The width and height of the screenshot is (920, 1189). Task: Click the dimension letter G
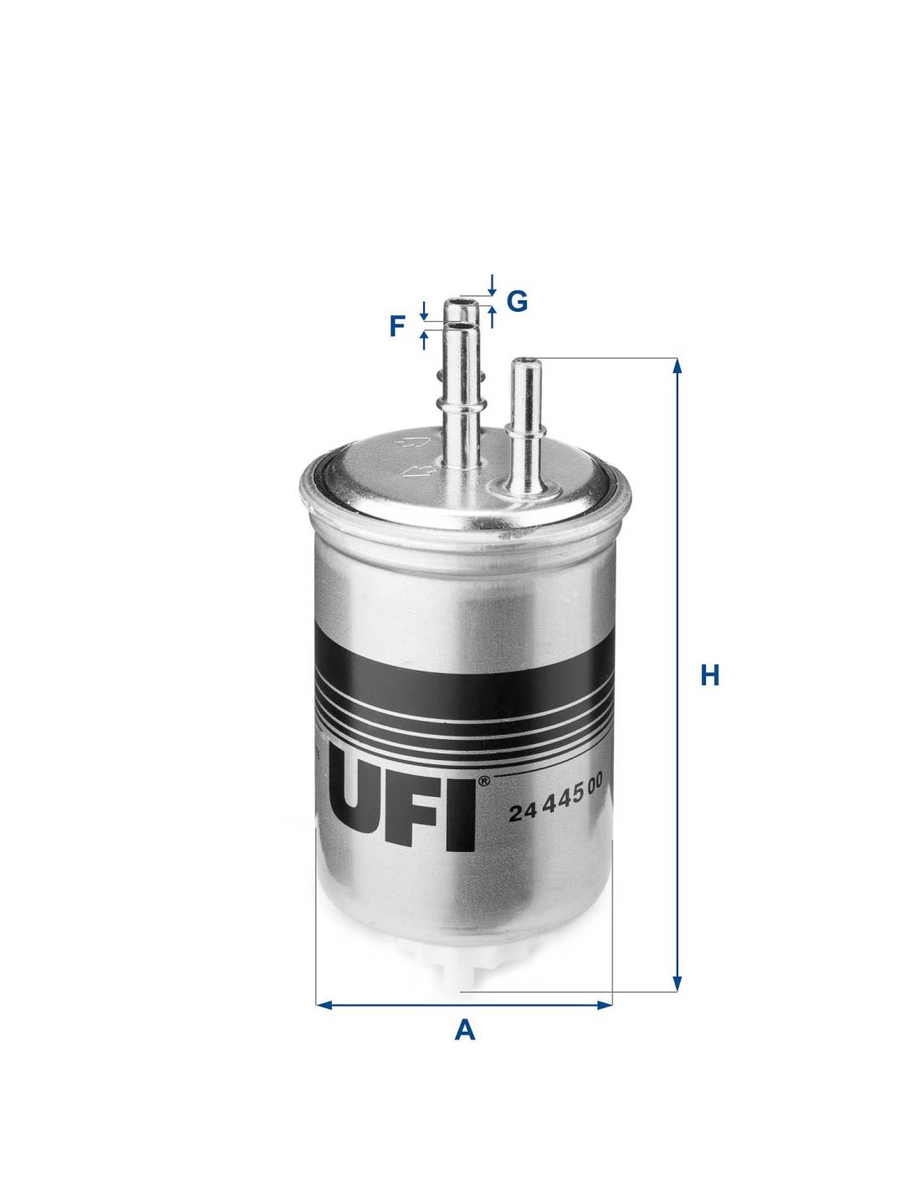517,301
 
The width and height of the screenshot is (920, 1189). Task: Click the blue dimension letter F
397,327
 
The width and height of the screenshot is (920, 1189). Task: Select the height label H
710,676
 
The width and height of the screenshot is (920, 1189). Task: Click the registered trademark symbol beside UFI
483,782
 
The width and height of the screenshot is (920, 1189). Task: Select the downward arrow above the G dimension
492,285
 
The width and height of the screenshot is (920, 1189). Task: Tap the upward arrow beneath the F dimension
423,340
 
